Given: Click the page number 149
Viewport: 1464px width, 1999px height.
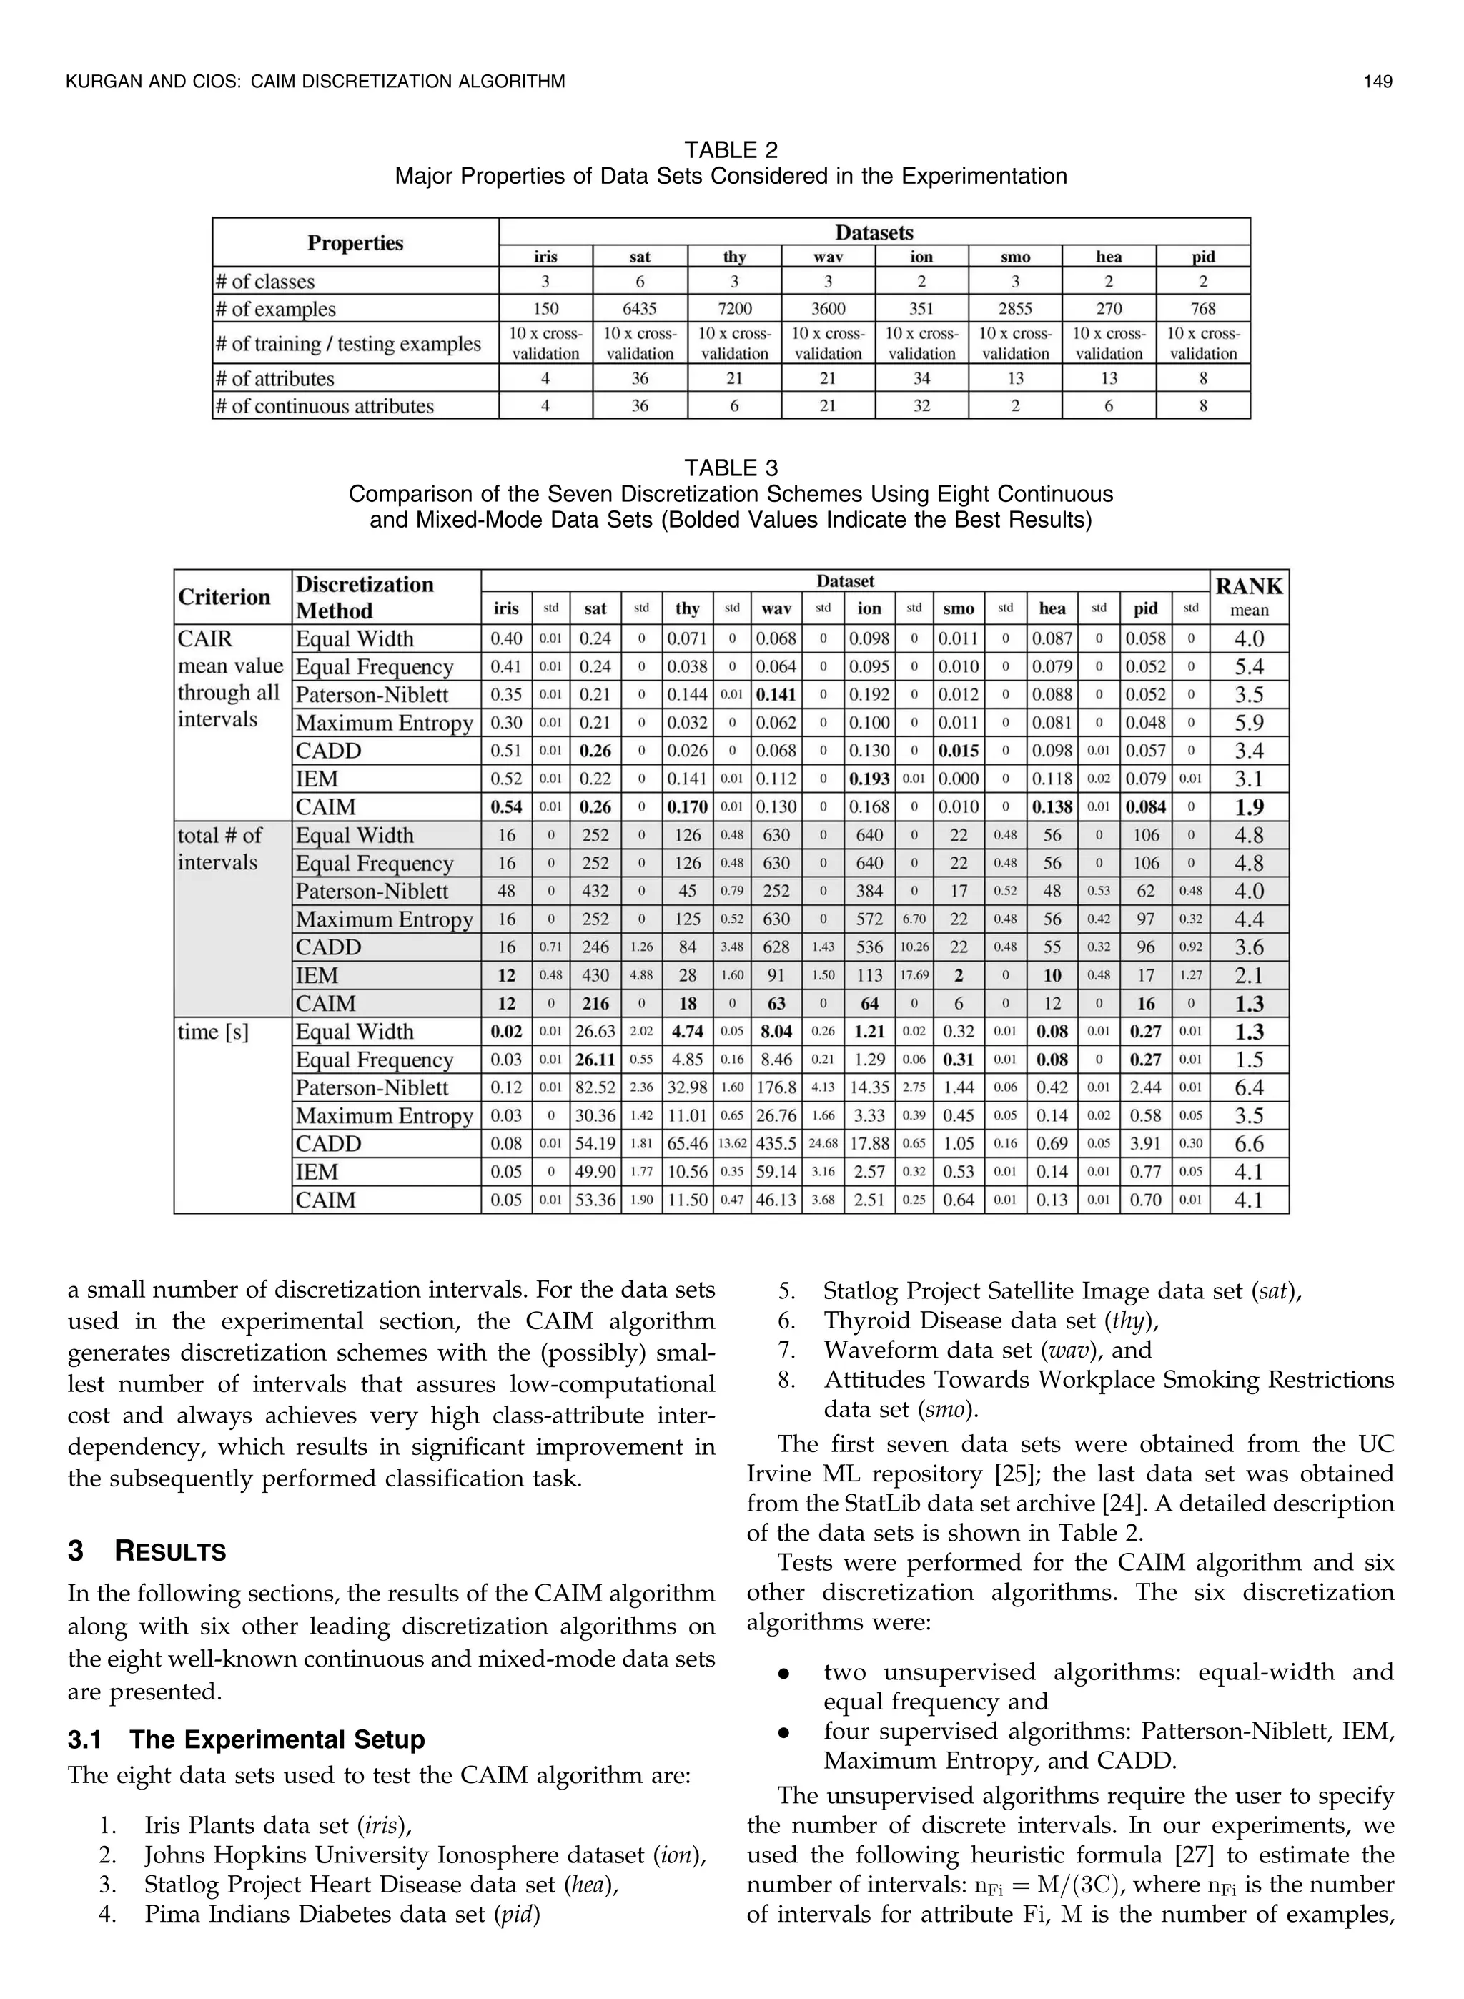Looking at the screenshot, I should (x=1378, y=82).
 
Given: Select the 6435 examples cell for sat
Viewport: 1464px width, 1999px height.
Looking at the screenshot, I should (x=640, y=310).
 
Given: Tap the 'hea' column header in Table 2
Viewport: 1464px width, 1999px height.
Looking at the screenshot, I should (x=1109, y=257).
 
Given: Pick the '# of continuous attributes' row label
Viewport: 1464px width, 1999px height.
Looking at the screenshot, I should (x=325, y=407).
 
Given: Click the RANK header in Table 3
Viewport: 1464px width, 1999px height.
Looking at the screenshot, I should (x=1249, y=586).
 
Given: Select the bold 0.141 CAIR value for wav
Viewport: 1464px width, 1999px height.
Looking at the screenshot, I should (x=776, y=695).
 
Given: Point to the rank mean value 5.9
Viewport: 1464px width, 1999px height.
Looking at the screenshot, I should (x=1249, y=723).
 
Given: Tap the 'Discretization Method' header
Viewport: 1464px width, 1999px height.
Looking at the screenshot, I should (x=365, y=597).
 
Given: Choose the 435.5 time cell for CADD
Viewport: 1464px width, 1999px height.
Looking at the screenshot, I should (x=776, y=1144).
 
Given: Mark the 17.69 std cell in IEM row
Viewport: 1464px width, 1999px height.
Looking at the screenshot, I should (x=914, y=976).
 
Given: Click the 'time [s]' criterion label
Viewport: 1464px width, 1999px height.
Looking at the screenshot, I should (x=213, y=1032).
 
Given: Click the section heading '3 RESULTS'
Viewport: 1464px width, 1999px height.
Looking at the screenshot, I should (x=147, y=1551).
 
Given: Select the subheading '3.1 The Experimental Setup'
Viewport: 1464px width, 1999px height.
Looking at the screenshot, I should (x=247, y=1739).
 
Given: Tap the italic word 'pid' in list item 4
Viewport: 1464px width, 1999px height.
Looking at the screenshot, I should (x=516, y=1915).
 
